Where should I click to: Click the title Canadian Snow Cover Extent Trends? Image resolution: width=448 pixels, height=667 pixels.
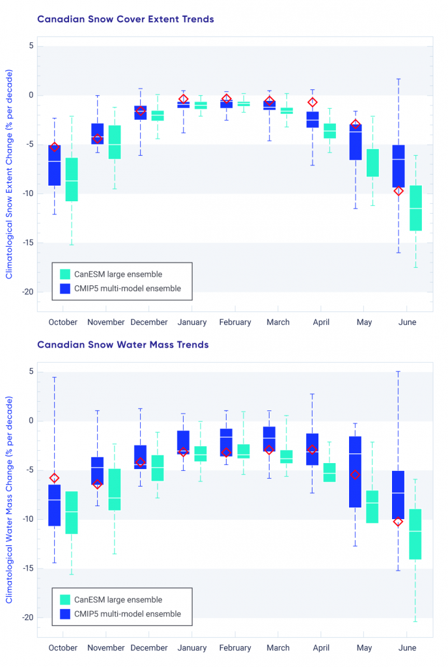(x=126, y=20)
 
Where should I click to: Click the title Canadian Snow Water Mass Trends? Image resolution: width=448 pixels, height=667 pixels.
(x=123, y=345)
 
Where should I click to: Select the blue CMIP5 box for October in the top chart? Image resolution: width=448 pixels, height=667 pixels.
(x=55, y=165)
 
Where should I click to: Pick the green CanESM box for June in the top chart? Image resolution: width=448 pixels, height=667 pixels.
(x=415, y=208)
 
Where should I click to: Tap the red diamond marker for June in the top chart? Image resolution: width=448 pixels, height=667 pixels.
(x=399, y=191)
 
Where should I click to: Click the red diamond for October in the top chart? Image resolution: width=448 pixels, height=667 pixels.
(x=55, y=147)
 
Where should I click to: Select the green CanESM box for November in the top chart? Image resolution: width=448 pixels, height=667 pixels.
(x=114, y=142)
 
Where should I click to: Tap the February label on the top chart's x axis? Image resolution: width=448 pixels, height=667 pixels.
(x=235, y=322)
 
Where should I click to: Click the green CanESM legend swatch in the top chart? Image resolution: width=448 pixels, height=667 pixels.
(x=65, y=274)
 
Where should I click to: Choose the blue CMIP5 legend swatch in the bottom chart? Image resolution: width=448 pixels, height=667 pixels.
(x=65, y=614)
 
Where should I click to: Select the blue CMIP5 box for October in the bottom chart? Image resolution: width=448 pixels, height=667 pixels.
(x=55, y=505)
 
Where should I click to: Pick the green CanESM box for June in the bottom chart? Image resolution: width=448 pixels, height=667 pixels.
(x=415, y=534)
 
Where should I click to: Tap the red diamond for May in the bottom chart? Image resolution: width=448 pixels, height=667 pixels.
(x=356, y=475)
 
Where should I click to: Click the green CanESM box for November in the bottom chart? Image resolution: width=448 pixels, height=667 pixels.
(x=114, y=489)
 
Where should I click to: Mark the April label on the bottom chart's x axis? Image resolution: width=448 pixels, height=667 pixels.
(x=321, y=647)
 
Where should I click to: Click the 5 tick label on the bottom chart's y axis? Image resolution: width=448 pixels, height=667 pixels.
(x=30, y=372)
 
